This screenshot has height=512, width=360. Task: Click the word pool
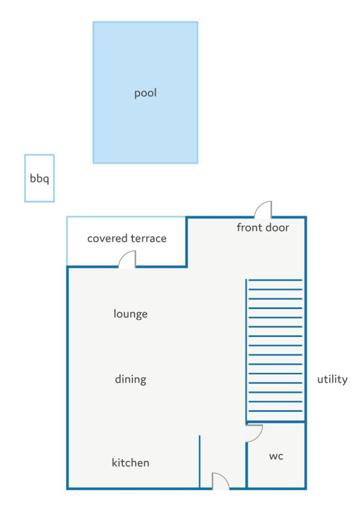(x=145, y=93)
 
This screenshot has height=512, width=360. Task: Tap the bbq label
(x=40, y=179)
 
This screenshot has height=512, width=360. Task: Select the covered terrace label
(x=127, y=238)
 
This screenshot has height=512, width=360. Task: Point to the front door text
(x=262, y=227)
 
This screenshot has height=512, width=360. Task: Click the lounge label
(x=131, y=314)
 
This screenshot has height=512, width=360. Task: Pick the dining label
(x=131, y=379)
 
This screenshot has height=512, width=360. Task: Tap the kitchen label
(x=131, y=462)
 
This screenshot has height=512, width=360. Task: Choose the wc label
(x=276, y=456)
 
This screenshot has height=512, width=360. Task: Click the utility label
(x=332, y=379)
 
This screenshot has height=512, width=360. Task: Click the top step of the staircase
(x=275, y=280)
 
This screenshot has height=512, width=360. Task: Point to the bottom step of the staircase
(x=275, y=411)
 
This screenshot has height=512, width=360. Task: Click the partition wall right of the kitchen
(x=199, y=462)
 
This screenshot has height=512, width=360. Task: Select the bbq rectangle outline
(x=25, y=178)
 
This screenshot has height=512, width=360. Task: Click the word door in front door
(x=277, y=227)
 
